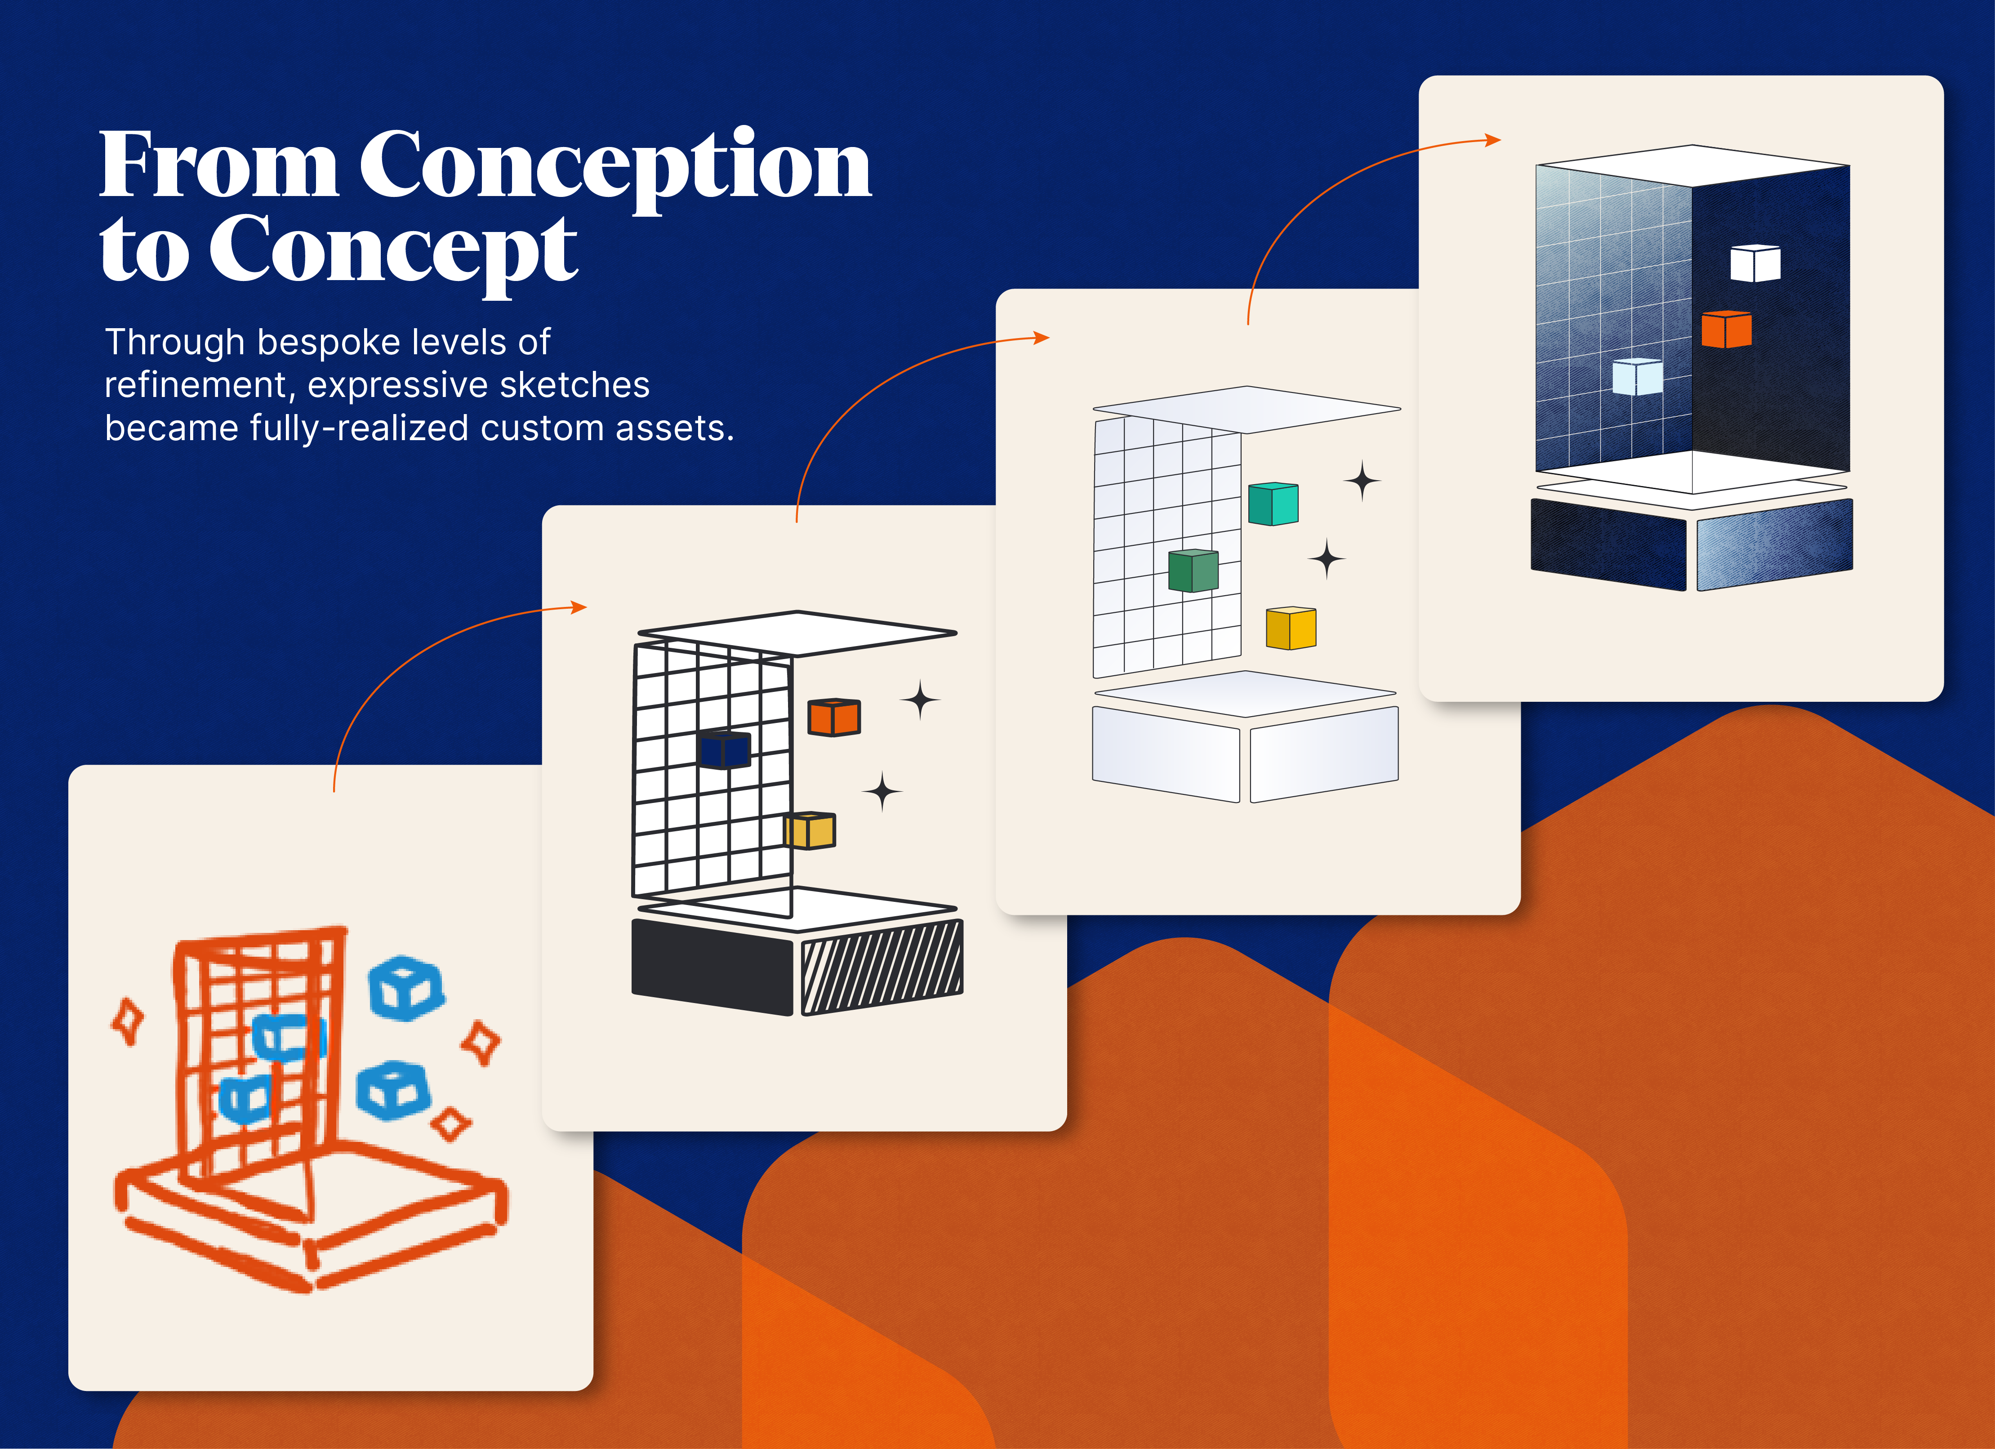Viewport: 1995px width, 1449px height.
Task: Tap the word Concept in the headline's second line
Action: tap(393, 253)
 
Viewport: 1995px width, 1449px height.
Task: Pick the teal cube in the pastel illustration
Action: tap(1273, 503)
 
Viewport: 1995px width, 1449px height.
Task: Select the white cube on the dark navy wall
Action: tap(1755, 263)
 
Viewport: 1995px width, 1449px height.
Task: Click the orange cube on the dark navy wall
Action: tap(1726, 329)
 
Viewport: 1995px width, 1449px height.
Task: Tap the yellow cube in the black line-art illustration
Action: tap(809, 829)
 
